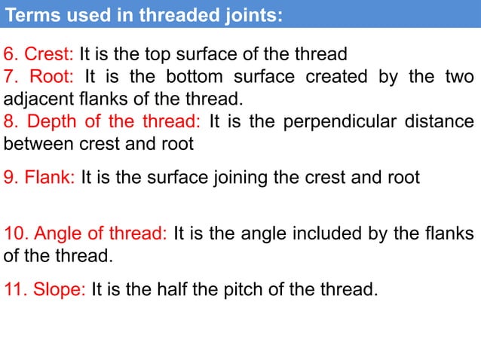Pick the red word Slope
(x=60, y=289)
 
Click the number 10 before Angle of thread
(x=14, y=233)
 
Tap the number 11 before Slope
(x=14, y=289)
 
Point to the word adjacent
(x=33, y=99)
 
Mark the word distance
(x=445, y=121)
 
